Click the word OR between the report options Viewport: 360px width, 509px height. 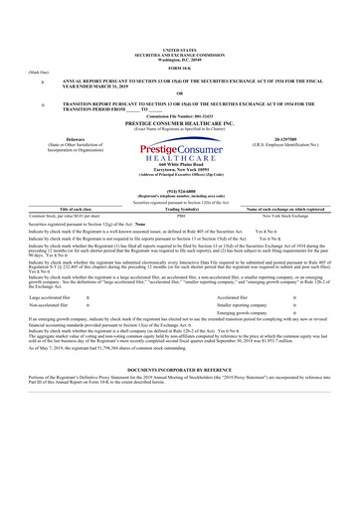click(179, 93)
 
